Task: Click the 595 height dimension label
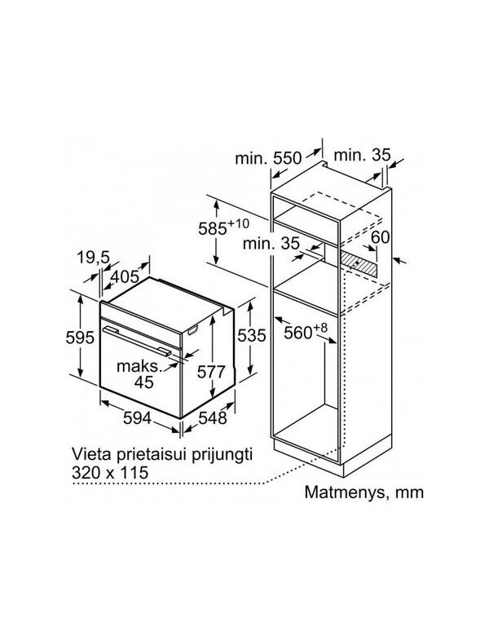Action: [80, 338]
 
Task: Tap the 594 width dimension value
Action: [137, 417]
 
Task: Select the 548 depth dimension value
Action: [212, 417]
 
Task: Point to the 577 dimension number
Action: [211, 372]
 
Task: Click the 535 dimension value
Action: [252, 336]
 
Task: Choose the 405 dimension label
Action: [125, 277]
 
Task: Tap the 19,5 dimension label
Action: [94, 257]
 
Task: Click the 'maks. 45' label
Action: [139, 374]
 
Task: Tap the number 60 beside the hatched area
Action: [381, 237]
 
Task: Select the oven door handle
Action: [137, 340]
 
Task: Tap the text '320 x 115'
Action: [110, 473]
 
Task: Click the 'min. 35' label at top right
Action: [362, 156]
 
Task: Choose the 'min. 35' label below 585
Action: [271, 244]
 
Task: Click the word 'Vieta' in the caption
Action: [89, 454]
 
